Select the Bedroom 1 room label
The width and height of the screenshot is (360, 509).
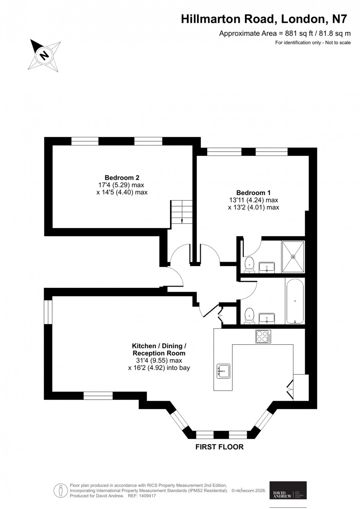253,193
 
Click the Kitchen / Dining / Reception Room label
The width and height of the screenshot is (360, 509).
159,349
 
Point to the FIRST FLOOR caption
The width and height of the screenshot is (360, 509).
220,447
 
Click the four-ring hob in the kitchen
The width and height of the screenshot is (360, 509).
263,336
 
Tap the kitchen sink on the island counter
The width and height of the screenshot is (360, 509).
223,371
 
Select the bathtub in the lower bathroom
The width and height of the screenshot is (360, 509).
295,301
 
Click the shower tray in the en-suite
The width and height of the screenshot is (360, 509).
293,257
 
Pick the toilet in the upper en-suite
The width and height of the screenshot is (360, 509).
250,265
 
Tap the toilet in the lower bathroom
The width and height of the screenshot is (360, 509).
250,316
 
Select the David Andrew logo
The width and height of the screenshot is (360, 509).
288,490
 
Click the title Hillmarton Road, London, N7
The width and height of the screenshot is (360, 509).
264,19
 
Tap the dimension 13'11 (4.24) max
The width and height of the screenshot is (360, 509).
253,200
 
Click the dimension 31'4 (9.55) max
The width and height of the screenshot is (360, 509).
159,361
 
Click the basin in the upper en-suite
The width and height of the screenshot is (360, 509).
267,266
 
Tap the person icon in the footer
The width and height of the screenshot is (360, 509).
60,490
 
